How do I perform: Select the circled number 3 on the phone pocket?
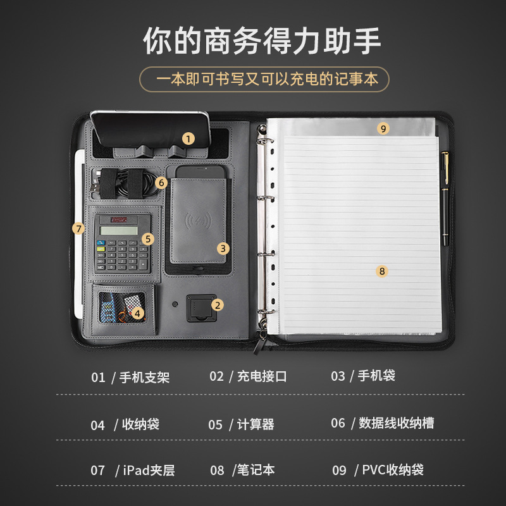[x=223, y=249]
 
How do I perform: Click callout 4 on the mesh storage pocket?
[x=139, y=312]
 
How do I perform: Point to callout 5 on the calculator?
[x=148, y=238]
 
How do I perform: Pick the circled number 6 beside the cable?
[x=161, y=182]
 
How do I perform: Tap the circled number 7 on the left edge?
[x=78, y=228]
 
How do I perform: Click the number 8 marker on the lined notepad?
[x=381, y=271]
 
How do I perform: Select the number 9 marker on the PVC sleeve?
[x=382, y=128]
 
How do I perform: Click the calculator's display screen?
[x=118, y=230]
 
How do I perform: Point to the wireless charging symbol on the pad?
[x=197, y=223]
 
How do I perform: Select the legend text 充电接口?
[x=262, y=376]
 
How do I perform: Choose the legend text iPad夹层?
[x=149, y=471]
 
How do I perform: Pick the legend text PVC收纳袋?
[x=393, y=470]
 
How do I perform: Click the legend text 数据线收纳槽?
[x=397, y=423]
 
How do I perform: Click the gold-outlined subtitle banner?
[x=264, y=80]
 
